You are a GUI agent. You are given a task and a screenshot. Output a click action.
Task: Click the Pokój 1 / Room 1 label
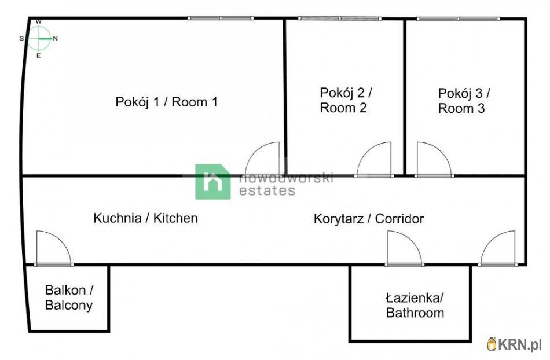click(166, 102)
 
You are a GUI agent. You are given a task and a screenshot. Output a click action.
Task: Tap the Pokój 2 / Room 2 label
click(346, 100)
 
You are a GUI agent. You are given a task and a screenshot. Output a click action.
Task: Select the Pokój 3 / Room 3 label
click(464, 101)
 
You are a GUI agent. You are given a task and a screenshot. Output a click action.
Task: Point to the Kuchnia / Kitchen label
click(145, 218)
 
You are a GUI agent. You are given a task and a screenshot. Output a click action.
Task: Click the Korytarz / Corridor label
click(369, 218)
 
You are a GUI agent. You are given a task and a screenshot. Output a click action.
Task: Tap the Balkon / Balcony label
click(69, 297)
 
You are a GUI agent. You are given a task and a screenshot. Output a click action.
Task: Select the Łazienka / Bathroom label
click(415, 306)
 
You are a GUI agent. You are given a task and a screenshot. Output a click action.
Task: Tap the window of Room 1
click(221, 18)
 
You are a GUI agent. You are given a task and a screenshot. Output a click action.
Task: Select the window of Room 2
click(340, 18)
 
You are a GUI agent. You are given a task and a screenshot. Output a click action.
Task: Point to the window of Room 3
click(459, 19)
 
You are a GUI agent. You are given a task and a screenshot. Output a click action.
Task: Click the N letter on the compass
click(56, 39)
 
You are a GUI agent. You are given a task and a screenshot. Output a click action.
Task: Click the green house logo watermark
click(213, 182)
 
